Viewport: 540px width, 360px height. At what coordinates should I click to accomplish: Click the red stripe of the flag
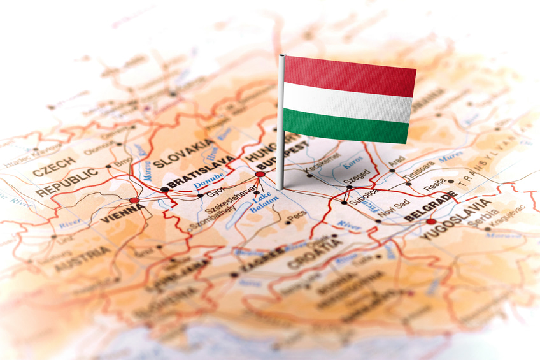tap(350, 75)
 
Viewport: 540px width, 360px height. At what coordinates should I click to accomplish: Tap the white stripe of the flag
tap(347, 102)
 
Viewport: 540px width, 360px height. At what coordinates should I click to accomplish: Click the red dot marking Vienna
tap(134, 200)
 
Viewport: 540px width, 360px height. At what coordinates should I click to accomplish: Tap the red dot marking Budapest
tap(260, 174)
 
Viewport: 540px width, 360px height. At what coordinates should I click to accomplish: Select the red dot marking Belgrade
tap(431, 221)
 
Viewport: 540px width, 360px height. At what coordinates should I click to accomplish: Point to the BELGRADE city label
tap(431, 208)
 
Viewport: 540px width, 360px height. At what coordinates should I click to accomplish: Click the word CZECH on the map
tap(54, 168)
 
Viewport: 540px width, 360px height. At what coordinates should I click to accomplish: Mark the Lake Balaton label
tap(262, 203)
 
